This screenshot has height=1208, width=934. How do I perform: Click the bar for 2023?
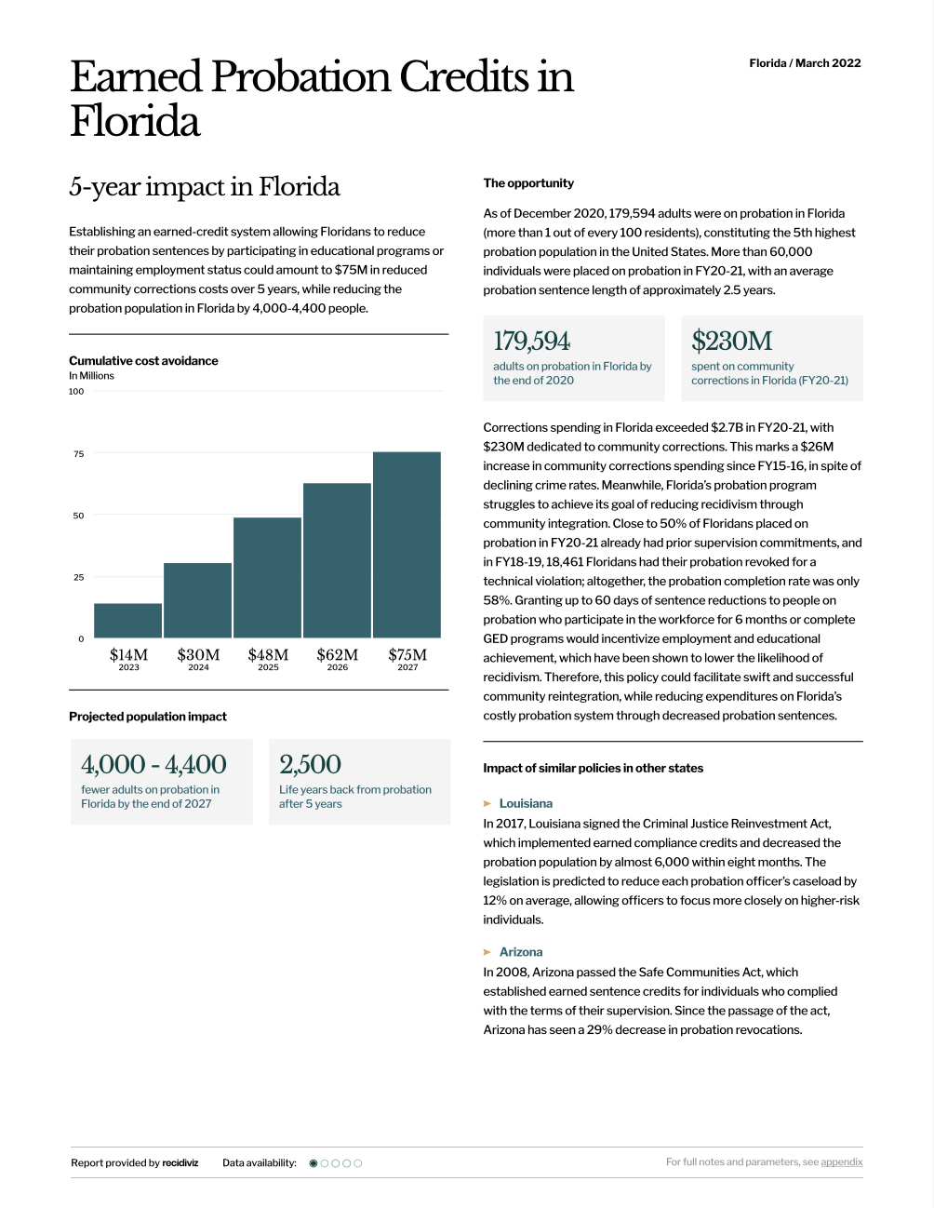coord(127,620)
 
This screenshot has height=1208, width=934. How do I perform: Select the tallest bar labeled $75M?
coord(407,544)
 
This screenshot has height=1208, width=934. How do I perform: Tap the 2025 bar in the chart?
coord(267,577)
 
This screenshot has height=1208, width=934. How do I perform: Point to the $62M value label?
coord(337,654)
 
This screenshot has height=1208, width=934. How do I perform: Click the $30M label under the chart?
coord(198,654)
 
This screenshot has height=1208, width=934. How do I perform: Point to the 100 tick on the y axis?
coord(76,391)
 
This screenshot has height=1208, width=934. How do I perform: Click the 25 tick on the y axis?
coord(78,577)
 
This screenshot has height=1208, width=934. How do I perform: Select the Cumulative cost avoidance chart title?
coord(143,360)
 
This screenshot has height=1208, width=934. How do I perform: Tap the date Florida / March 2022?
coord(805,63)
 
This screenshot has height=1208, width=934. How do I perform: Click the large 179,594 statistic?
coord(531,341)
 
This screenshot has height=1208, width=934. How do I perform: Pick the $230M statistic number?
coord(731,341)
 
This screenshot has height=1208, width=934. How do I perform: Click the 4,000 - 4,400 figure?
coord(153,764)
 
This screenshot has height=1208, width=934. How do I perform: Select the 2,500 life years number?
coord(310,764)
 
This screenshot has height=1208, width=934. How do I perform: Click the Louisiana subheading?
coord(526,803)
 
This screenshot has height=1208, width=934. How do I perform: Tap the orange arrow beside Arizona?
coord(487,952)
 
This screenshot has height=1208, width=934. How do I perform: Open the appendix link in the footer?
coord(841,1161)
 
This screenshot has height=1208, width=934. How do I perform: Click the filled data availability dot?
coord(314,1163)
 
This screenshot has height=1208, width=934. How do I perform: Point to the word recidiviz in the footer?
coord(180,1162)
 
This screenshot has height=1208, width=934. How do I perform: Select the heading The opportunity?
coord(528,183)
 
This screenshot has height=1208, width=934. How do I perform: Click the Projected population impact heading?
coord(148,717)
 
